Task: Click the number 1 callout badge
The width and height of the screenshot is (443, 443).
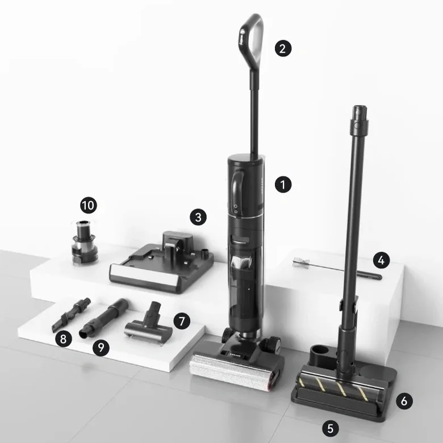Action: pyautogui.click(x=283, y=185)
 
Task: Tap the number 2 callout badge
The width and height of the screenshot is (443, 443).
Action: pyautogui.click(x=283, y=48)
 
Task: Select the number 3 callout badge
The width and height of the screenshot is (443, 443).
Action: pyautogui.click(x=198, y=217)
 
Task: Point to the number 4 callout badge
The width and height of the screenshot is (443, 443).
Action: pyautogui.click(x=382, y=260)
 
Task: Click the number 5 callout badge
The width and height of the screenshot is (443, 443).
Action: pyautogui.click(x=331, y=425)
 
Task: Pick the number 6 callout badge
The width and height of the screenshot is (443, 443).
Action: pyautogui.click(x=404, y=400)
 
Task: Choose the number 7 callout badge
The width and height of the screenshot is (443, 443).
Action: pyautogui.click(x=182, y=320)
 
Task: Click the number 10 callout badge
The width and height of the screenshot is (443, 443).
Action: pyautogui.click(x=89, y=204)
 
